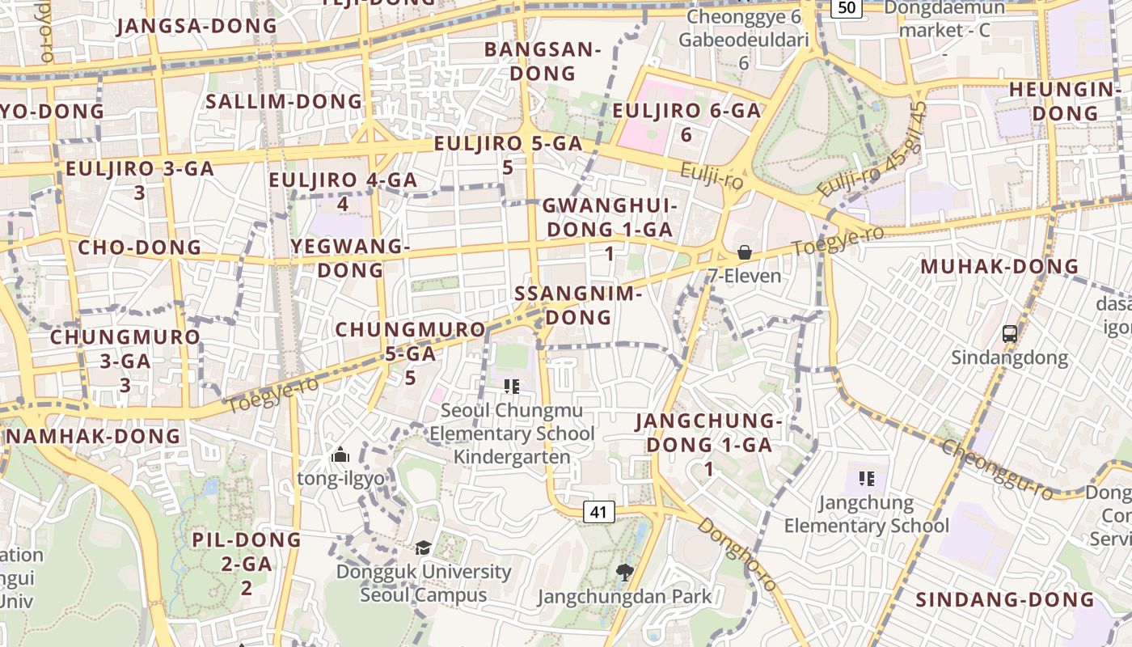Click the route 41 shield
(x=598, y=511)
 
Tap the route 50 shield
(x=847, y=7)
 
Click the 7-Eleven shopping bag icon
(x=744, y=252)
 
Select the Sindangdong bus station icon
(x=1009, y=333)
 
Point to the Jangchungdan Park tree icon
(x=623, y=573)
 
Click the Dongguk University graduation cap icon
(x=423, y=548)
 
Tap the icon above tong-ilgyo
(x=340, y=455)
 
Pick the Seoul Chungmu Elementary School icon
(x=511, y=387)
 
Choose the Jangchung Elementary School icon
(x=867, y=479)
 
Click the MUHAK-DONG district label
(x=999, y=266)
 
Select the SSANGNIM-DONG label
(x=578, y=305)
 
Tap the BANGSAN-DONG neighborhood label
(x=543, y=61)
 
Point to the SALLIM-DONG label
(x=284, y=101)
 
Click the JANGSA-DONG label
(x=196, y=25)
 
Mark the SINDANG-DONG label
(x=1005, y=599)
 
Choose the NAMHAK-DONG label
(x=94, y=437)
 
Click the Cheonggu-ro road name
(x=998, y=469)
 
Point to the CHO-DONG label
(x=139, y=247)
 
